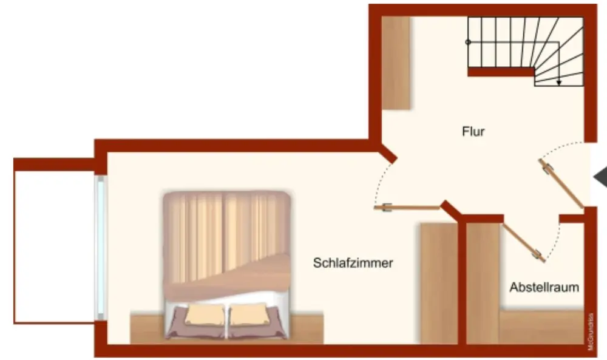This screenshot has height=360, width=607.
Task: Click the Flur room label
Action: point(473,131)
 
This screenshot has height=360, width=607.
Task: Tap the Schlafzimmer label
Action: point(353,263)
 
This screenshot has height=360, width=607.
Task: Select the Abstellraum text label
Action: point(544,287)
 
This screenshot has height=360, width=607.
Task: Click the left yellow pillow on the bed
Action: point(205,314)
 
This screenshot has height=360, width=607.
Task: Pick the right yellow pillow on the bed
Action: point(249,314)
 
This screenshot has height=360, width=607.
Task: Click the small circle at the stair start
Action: point(468,42)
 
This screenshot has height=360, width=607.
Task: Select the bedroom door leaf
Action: point(408,208)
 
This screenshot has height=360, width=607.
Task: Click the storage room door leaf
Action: point(523,242)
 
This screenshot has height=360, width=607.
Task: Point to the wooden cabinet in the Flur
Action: point(396,63)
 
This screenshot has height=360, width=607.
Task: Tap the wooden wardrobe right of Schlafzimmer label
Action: point(439,283)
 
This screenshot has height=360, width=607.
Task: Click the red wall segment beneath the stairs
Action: point(501,72)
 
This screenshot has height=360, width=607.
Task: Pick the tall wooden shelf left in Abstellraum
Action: point(483,283)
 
